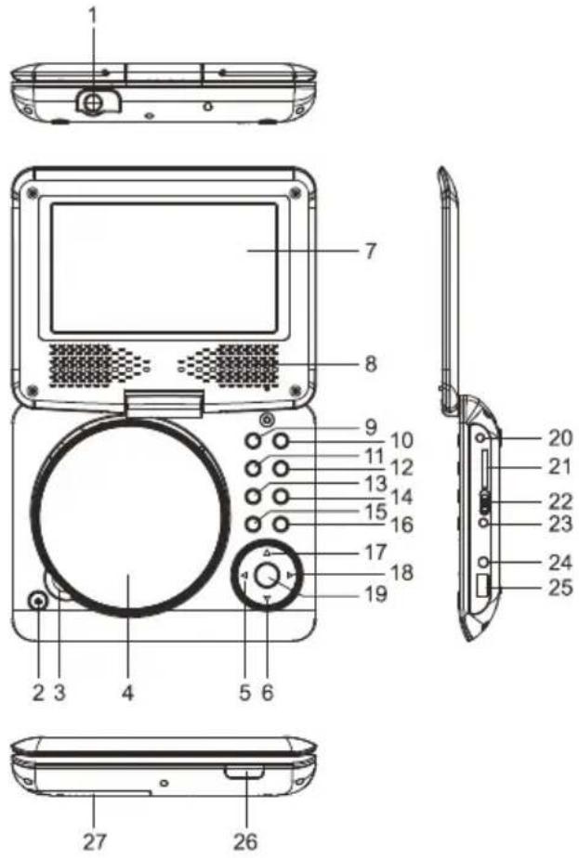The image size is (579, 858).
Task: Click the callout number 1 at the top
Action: pyautogui.click(x=92, y=16)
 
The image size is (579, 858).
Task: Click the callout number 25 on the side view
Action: pyautogui.click(x=560, y=588)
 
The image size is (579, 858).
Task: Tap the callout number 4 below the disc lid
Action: pyautogui.click(x=127, y=692)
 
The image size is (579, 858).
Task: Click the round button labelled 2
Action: pyautogui.click(x=37, y=602)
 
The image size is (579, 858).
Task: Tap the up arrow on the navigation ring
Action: pyautogui.click(x=267, y=553)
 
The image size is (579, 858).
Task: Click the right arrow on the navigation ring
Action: pyautogui.click(x=291, y=577)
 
